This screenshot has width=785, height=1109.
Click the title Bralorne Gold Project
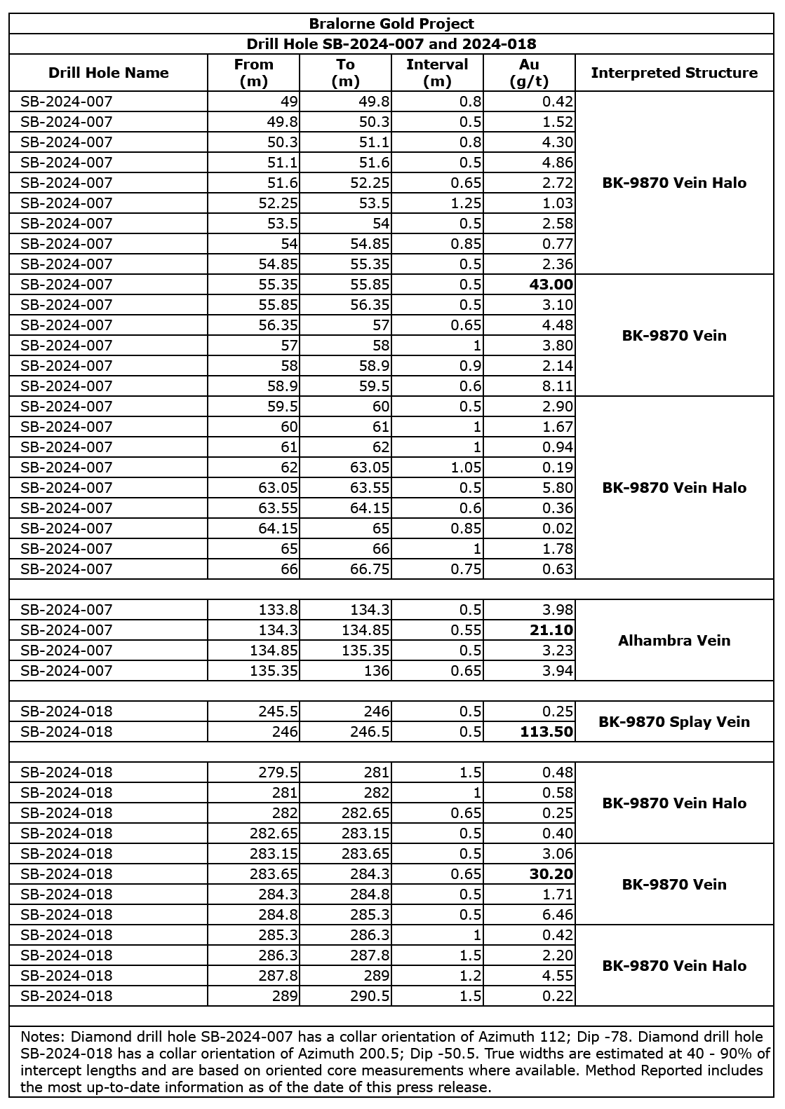[x=391, y=25]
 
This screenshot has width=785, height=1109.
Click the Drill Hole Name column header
[x=109, y=73]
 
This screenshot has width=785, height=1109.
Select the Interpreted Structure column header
[x=674, y=73]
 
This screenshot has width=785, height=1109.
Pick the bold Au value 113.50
[x=546, y=732]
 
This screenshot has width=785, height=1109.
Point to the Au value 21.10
[x=552, y=630]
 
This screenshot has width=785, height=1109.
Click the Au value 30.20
[x=552, y=874]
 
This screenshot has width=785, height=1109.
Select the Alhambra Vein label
[x=674, y=641]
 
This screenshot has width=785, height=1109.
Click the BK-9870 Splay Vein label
[x=674, y=722]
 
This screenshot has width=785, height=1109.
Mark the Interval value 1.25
[x=465, y=203]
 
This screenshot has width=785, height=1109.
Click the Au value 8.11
[x=558, y=386]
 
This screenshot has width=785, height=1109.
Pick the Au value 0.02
[x=558, y=529]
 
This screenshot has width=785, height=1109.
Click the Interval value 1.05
[x=465, y=468]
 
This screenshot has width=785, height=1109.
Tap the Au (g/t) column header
[x=529, y=73]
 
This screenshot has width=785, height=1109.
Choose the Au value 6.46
[x=558, y=915]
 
